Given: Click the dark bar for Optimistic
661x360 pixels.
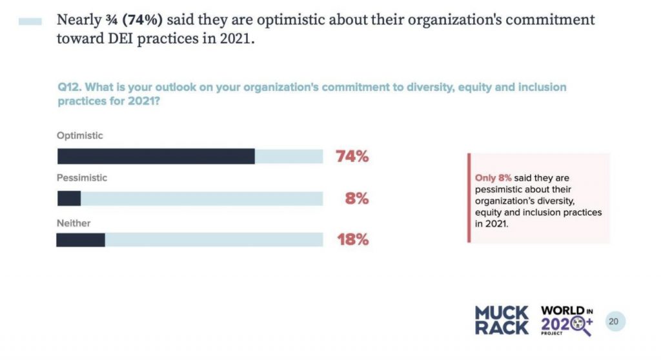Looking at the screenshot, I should pyautogui.click(x=156, y=156).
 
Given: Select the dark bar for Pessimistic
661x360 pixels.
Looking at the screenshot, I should pyautogui.click(x=69, y=198).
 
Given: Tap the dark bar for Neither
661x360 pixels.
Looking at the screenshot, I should pyautogui.click(x=81, y=240).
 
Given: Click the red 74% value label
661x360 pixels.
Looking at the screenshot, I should pyautogui.click(x=352, y=156).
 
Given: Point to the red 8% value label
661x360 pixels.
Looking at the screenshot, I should pyautogui.click(x=356, y=199).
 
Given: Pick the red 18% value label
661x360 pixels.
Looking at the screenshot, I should pyautogui.click(x=352, y=240).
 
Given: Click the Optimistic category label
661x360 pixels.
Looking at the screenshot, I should pyautogui.click(x=80, y=135).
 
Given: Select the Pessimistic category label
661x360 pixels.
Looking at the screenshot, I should pyautogui.click(x=82, y=177).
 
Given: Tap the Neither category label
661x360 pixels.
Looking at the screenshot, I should pyautogui.click(x=74, y=223).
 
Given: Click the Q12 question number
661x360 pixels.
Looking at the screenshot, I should pyautogui.click(x=68, y=86).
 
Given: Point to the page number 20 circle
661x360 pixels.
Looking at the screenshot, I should pyautogui.click(x=615, y=321).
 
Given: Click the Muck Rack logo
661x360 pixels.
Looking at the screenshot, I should pyautogui.click(x=502, y=321).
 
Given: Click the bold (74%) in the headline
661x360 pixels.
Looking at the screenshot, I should pyautogui.click(x=137, y=19).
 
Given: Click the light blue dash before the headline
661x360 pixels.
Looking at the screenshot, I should pyautogui.click(x=30, y=21).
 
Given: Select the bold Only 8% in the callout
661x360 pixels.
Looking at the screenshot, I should pyautogui.click(x=494, y=177).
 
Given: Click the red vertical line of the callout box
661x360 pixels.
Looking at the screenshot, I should pyautogui.click(x=469, y=197).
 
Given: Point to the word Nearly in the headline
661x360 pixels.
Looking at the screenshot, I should pyautogui.click(x=77, y=19).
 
